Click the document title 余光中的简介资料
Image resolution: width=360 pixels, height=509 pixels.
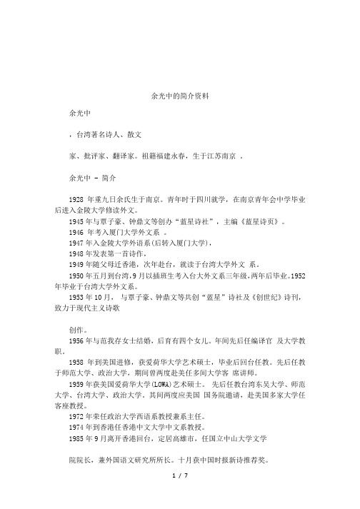(x=180, y=95)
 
